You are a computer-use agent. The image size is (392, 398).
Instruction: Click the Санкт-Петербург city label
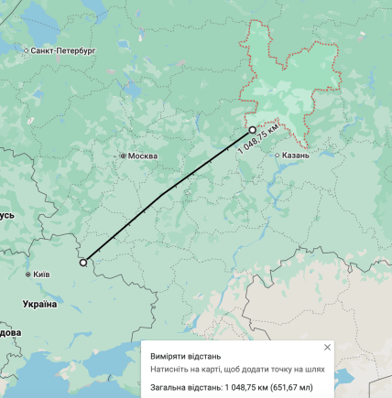click(x=63, y=51)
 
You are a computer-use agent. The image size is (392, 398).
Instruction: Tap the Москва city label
click(x=142, y=156)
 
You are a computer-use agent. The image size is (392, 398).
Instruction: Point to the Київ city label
click(x=41, y=274)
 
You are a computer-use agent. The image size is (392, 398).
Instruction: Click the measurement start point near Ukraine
click(x=83, y=263)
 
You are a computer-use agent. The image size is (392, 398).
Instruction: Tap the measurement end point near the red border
click(x=253, y=131)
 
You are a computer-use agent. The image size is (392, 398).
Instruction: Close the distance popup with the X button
click(x=327, y=348)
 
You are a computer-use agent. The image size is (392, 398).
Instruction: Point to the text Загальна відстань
click(x=186, y=387)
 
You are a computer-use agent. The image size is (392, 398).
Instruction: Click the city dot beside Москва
click(x=123, y=156)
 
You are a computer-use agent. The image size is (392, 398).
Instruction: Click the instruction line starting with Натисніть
click(x=237, y=371)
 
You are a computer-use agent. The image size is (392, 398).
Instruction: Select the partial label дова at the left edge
click(x=9, y=332)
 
